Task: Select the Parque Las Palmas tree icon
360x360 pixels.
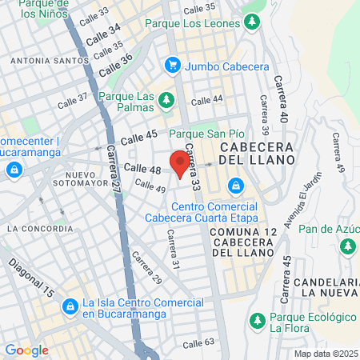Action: pos(166,100)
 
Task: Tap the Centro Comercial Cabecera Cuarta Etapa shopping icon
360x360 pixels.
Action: pos(235,187)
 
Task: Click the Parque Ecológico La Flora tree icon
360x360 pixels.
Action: pos(258,321)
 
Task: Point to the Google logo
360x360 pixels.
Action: pos(26,350)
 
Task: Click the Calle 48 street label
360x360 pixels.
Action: pos(144,169)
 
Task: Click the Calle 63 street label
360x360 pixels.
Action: pos(198,343)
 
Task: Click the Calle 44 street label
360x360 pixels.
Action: pos(206,99)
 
